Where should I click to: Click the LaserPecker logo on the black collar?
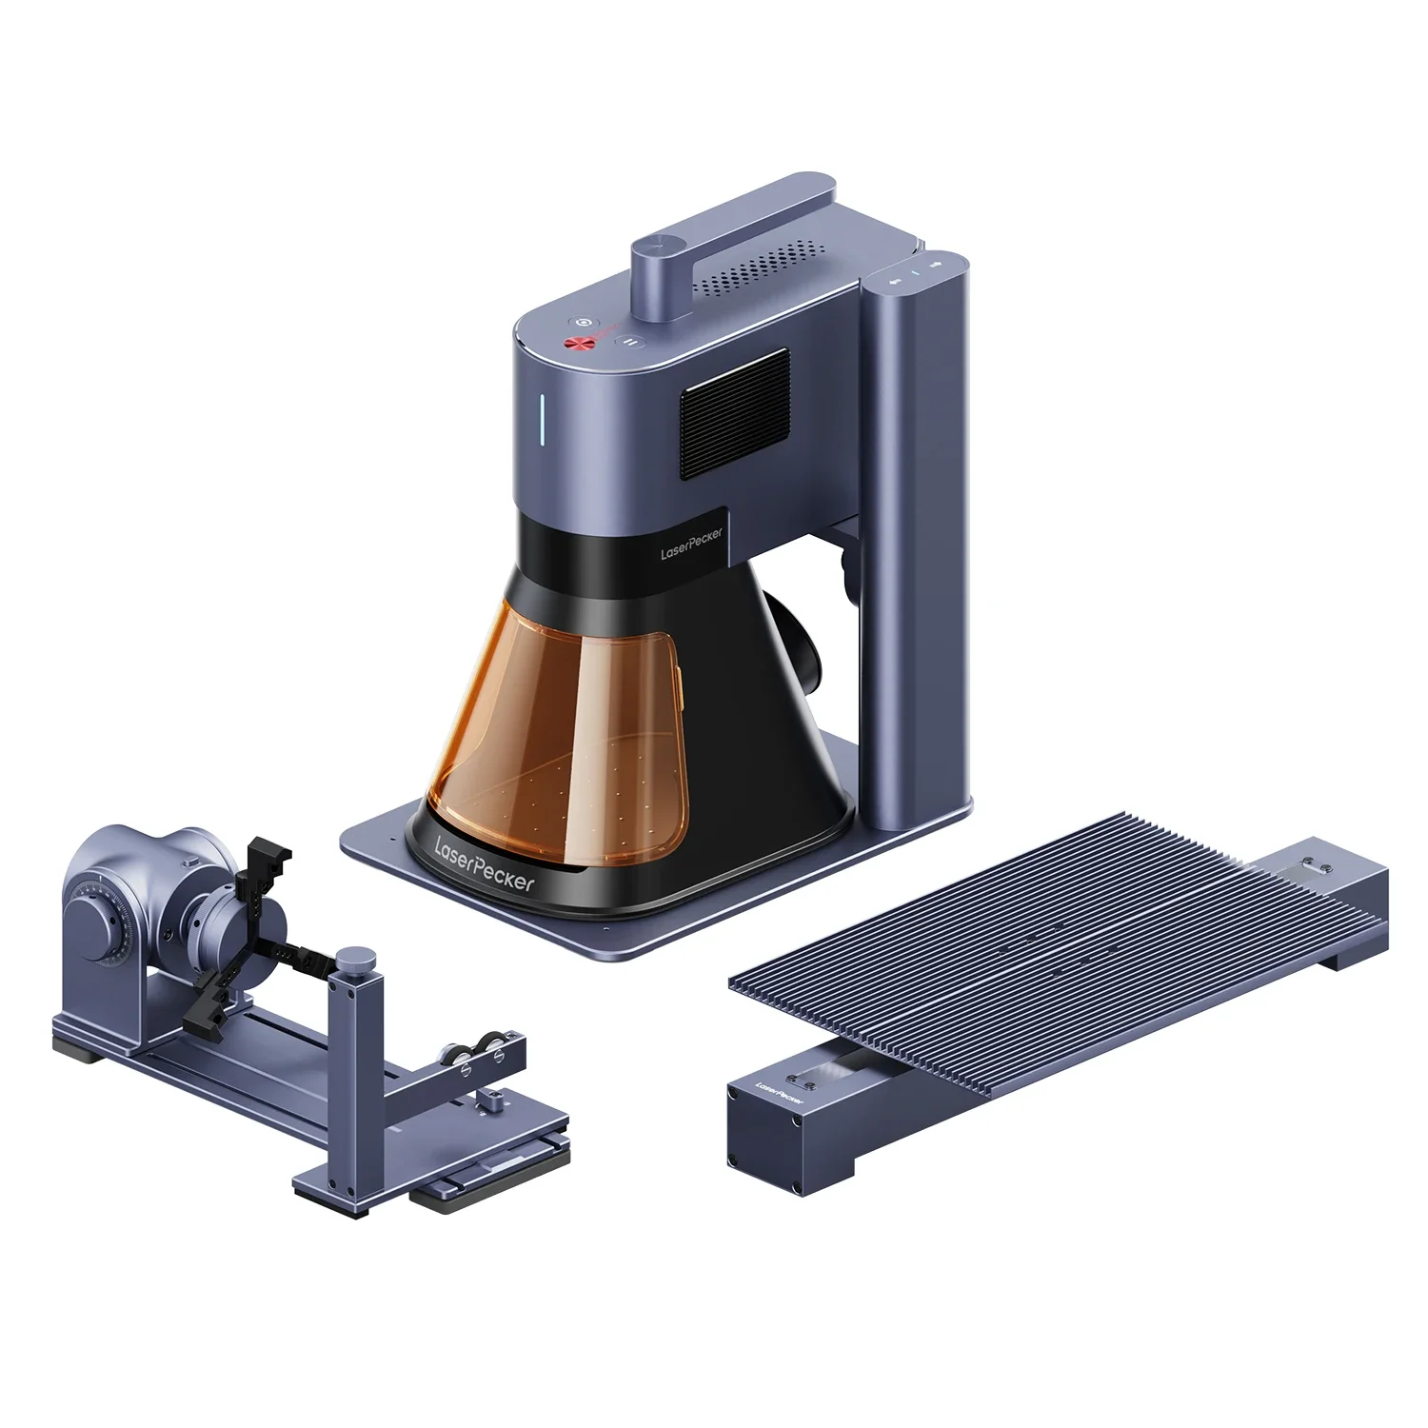[x=692, y=545]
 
